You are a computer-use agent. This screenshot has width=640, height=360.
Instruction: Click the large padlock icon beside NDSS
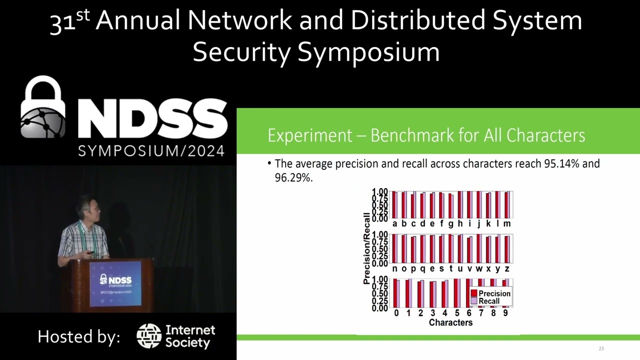pos(43,108)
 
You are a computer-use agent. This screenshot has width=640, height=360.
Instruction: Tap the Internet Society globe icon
pos(148,336)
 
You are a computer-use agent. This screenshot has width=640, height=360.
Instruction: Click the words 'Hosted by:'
pos(79,336)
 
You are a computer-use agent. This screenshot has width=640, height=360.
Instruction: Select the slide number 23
pos(601,348)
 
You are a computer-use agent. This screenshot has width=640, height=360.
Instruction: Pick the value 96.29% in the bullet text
pos(293,177)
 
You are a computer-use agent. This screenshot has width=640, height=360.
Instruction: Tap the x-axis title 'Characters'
pos(450,322)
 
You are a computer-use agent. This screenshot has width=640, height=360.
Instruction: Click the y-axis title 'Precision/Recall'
pos(366,248)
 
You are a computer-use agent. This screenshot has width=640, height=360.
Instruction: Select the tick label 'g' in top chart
pos(450,223)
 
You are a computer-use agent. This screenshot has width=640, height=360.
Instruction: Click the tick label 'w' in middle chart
pos(478,268)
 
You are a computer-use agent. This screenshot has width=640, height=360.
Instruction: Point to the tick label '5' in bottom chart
pos(457,313)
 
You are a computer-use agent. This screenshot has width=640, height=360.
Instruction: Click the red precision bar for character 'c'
pos(412,206)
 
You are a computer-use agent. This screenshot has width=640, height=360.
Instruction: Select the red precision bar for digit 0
pos(395,293)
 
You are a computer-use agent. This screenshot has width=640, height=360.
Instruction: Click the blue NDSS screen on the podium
pos(115,283)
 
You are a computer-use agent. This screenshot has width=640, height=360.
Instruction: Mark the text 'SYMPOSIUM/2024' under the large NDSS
pos(151,150)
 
